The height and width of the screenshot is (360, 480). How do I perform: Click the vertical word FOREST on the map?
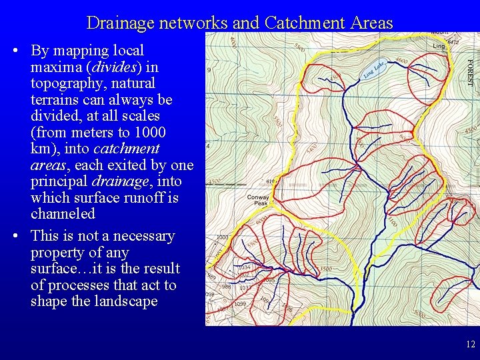coord(469,73)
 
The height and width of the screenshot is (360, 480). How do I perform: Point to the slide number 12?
coord(471,345)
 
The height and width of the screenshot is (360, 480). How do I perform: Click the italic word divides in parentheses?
coord(114,67)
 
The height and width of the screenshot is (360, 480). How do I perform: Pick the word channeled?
coord(63,214)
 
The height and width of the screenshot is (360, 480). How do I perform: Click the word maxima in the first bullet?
coord(51,67)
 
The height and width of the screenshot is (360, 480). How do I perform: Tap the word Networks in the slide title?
coord(196,23)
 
